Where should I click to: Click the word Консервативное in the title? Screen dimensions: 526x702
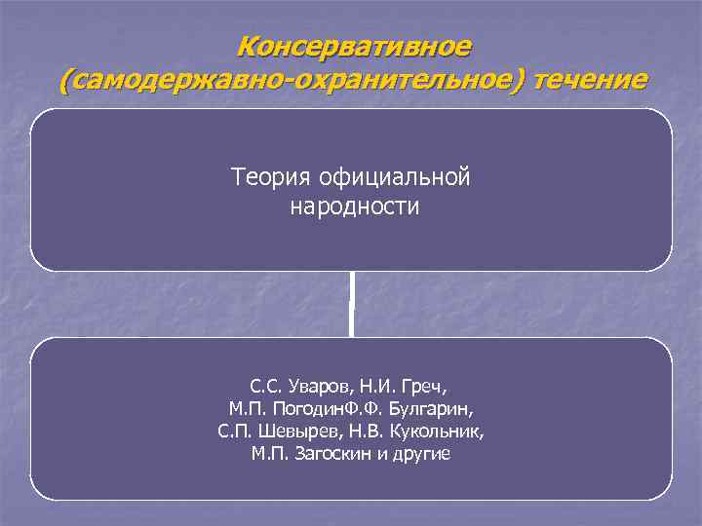coord(354,45)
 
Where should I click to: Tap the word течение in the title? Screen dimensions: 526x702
coord(586,80)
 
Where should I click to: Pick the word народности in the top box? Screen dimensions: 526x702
coord(354,207)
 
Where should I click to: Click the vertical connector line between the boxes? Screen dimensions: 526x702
coord(352,304)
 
